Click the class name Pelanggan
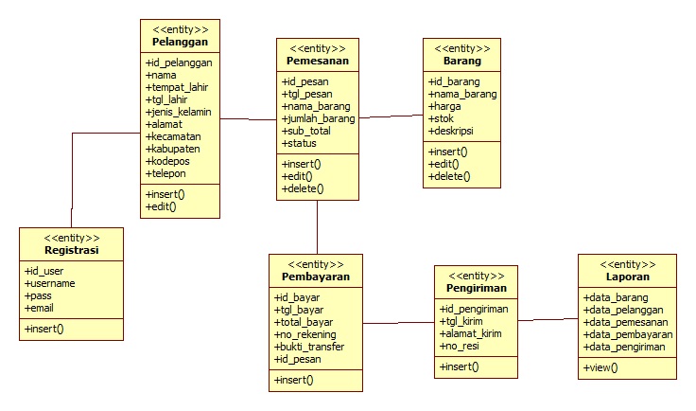(180, 43)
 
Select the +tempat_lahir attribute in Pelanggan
(177, 87)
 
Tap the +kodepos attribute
(166, 161)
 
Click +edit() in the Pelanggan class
(161, 206)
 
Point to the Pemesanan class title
(317, 61)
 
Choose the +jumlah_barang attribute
(319, 119)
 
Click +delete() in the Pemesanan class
(303, 188)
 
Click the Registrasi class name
(71, 251)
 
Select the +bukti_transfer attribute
(309, 347)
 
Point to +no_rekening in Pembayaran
(307, 334)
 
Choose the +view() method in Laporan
(600, 366)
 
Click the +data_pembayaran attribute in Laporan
(628, 334)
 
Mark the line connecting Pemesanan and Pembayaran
(317, 226)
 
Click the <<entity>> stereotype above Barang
(461, 47)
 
